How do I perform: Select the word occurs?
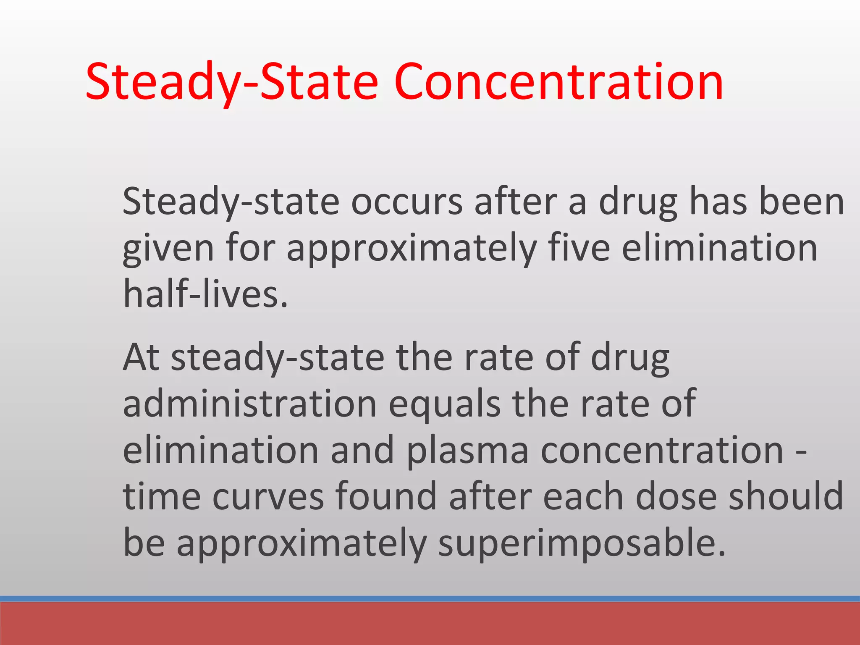click(x=406, y=202)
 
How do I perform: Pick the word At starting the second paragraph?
click(x=141, y=358)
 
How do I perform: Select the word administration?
click(x=250, y=404)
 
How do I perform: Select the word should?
click(x=786, y=496)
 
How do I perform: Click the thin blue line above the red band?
click(x=430, y=598)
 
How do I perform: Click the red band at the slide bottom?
click(x=430, y=624)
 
